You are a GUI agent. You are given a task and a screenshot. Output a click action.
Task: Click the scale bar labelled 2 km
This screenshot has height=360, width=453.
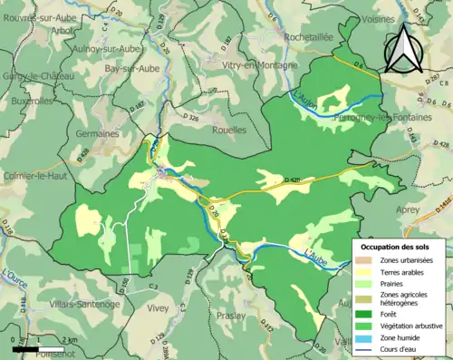click(37, 346)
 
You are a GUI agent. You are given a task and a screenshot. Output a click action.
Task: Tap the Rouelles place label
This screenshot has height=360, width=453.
click(226, 130)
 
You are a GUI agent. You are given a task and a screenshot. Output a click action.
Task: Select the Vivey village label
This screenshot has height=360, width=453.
click(158, 308)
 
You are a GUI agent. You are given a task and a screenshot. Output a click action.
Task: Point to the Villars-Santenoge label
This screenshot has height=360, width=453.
click(85, 304)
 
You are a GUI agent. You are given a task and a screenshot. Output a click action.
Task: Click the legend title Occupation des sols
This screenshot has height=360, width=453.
click(399, 247)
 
